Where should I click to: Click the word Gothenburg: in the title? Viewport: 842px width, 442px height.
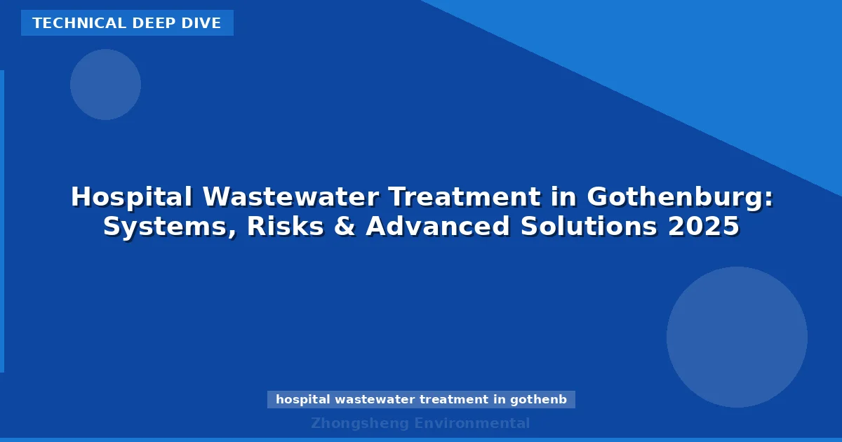pyautogui.click(x=680, y=197)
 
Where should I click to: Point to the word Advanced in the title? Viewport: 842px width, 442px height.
pyautogui.click(x=438, y=227)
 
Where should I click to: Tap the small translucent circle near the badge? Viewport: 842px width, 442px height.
pyautogui.click(x=105, y=84)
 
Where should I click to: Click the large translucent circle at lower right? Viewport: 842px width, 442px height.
pyautogui.click(x=737, y=337)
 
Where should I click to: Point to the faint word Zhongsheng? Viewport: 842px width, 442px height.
pyautogui.click(x=360, y=423)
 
